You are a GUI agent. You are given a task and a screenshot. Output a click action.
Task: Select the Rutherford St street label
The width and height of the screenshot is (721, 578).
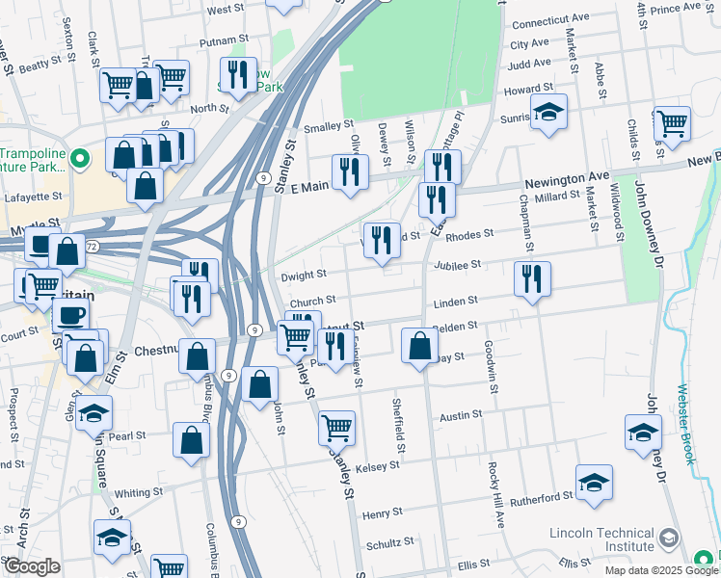pos(541,498)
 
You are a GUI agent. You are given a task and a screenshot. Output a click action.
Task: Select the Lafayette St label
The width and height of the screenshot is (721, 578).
pos(32,196)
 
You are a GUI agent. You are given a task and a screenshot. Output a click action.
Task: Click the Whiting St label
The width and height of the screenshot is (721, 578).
pos(138,492)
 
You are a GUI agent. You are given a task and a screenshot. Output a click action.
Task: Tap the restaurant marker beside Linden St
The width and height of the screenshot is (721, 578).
pos(532,278)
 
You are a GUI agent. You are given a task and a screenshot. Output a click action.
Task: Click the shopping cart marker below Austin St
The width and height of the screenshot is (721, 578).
pos(336,427)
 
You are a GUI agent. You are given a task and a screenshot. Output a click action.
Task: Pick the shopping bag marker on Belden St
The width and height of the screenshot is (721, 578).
pos(419,345)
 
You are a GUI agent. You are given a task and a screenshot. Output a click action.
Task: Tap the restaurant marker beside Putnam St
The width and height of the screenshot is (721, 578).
pos(235,74)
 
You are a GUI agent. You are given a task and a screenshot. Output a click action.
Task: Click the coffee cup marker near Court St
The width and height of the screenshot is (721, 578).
pos(69,315)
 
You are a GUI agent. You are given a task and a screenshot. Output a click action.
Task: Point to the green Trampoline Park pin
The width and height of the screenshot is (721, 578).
pos(82,157)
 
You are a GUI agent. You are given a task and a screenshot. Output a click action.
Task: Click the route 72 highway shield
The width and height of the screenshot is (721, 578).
pos(92,248)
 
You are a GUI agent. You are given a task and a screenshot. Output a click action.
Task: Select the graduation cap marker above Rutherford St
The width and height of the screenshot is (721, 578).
pos(594,481)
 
